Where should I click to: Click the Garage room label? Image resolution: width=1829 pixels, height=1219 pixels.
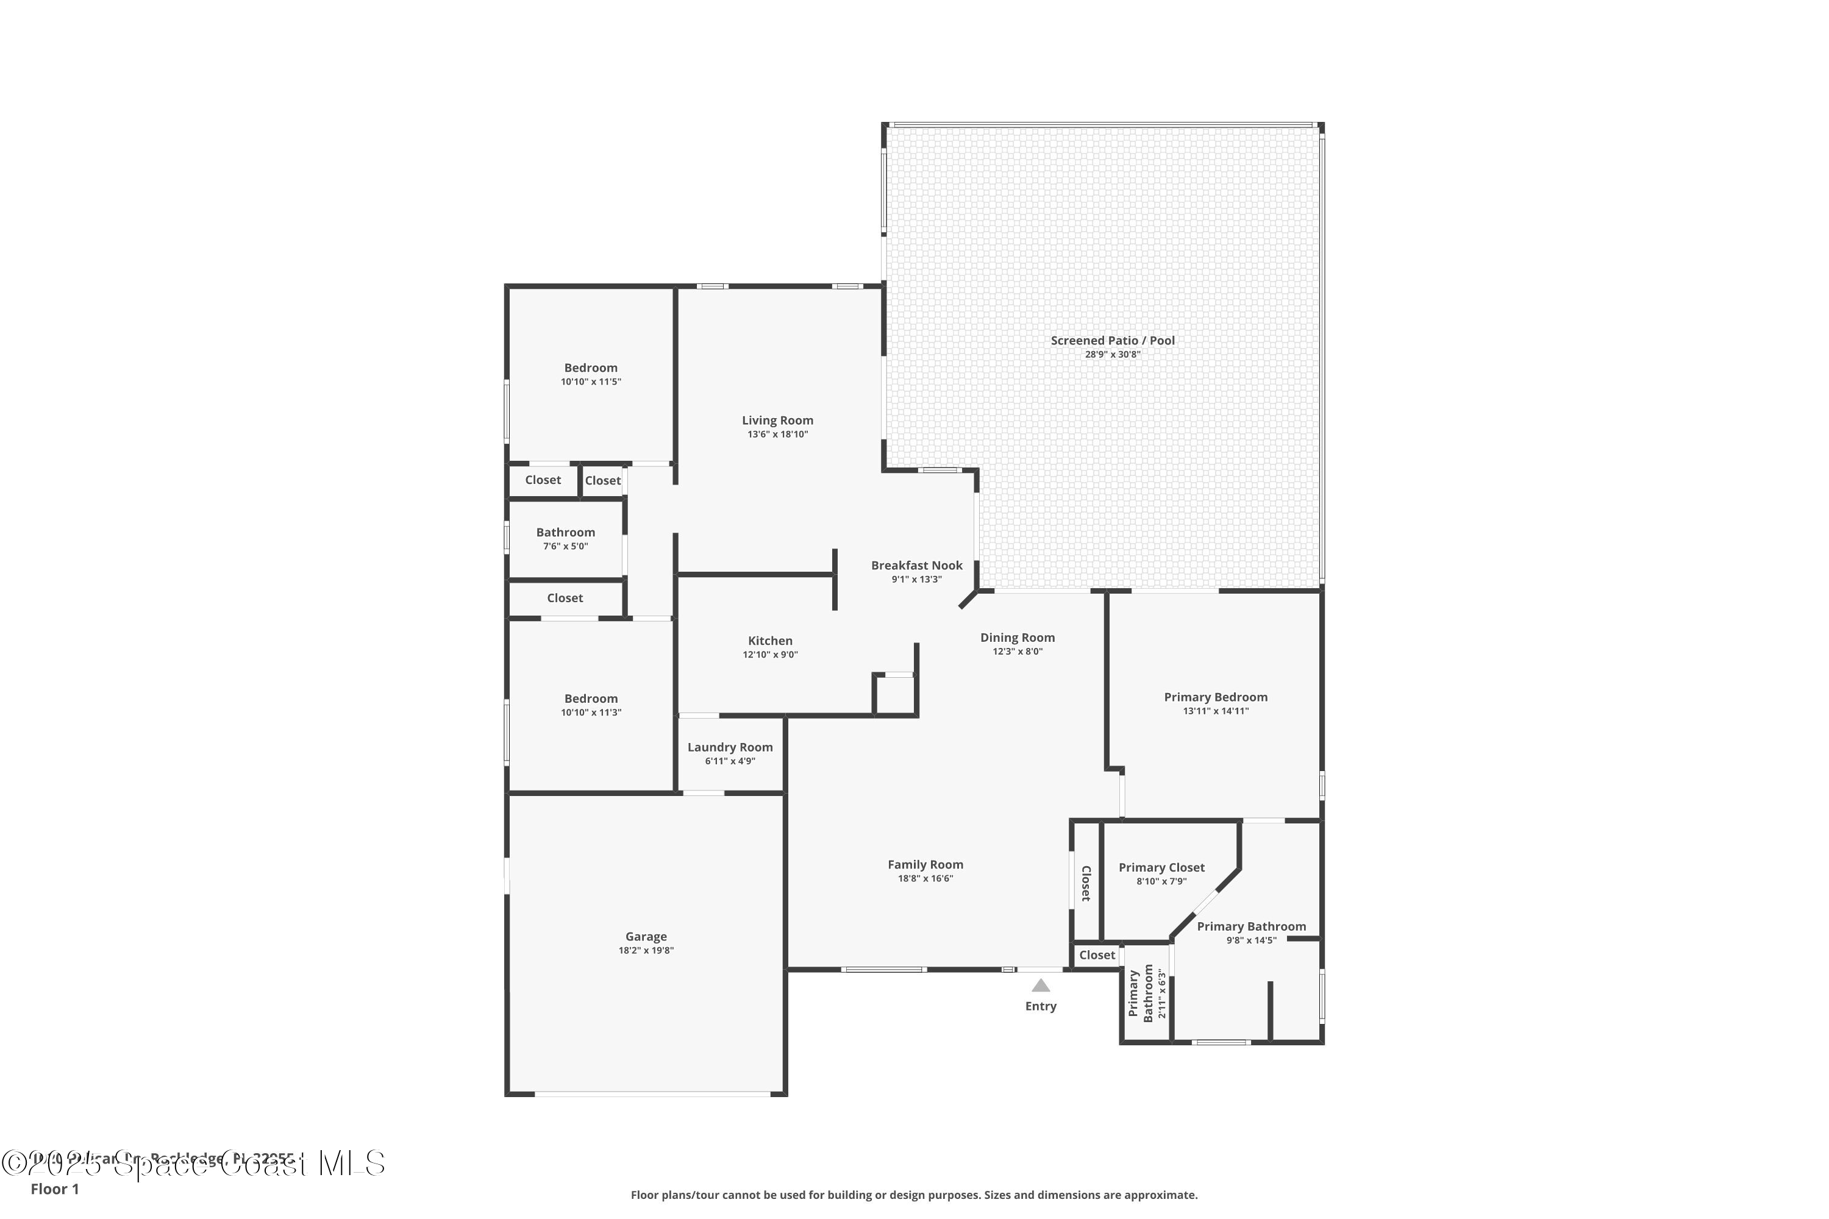tap(646, 936)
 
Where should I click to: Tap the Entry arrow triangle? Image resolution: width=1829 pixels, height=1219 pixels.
tap(1041, 986)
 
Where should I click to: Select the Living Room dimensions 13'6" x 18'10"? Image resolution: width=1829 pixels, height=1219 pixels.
tap(777, 435)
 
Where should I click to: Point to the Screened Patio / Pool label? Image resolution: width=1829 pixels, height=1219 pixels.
tap(1112, 341)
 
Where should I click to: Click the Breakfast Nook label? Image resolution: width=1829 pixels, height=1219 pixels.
tap(916, 565)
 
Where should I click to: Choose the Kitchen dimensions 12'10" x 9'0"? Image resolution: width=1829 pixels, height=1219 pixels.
tap(770, 655)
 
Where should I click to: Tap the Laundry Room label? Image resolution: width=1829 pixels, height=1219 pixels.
tap(729, 747)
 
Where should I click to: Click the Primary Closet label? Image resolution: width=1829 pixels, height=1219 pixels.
tap(1161, 867)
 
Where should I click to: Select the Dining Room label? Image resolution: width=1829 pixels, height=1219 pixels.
tap(1017, 638)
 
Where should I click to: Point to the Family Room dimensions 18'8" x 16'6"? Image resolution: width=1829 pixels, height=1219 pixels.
tap(925, 878)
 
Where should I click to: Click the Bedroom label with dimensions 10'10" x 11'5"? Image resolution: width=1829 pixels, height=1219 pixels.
tap(590, 368)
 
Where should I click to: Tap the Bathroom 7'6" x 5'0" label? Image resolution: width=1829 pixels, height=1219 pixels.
tap(565, 533)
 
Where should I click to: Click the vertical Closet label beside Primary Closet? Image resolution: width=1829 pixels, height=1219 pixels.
tap(1086, 883)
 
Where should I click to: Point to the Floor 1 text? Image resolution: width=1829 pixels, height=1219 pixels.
tap(54, 1189)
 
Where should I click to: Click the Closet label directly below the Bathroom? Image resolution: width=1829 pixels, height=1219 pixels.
tap(565, 598)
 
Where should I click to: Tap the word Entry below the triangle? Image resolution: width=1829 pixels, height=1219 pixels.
tap(1041, 1006)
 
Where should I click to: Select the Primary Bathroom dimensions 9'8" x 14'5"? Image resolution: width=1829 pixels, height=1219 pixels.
tap(1250, 940)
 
